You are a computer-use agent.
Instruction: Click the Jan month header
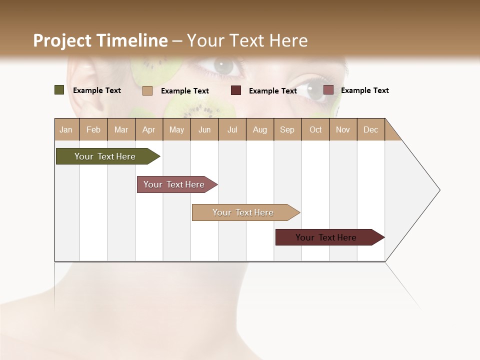66,129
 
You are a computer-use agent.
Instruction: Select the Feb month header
93,129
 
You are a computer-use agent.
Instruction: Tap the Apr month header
148,129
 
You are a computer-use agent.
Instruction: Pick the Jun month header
204,129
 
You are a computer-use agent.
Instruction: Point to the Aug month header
260,129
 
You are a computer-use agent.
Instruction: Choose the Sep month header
287,129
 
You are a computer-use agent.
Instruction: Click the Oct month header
315,129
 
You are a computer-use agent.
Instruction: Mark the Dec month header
371,129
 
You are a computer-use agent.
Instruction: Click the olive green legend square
59,90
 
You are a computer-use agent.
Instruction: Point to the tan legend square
147,90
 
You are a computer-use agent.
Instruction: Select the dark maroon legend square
236,90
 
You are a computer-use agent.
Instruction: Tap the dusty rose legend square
328,90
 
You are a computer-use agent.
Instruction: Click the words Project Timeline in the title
100,40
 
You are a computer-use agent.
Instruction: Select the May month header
176,129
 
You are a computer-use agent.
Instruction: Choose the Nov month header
343,129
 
